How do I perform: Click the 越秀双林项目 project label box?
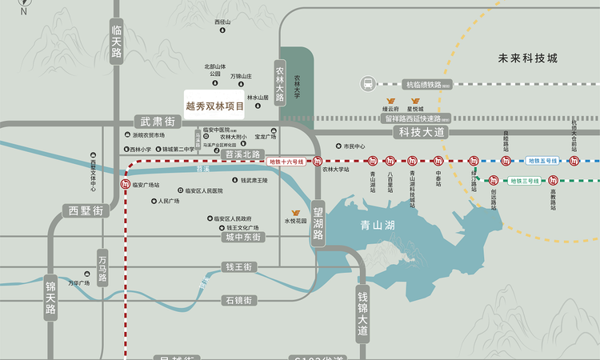[x=214, y=105]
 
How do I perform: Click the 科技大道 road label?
[x=421, y=131]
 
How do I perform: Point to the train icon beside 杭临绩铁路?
[x=367, y=83]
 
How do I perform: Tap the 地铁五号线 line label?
[x=543, y=161]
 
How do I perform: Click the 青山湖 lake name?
[x=378, y=226]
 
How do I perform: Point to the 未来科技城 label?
[x=526, y=58]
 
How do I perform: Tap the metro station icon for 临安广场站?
[x=126, y=185]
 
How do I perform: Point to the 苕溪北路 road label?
[x=242, y=154]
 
